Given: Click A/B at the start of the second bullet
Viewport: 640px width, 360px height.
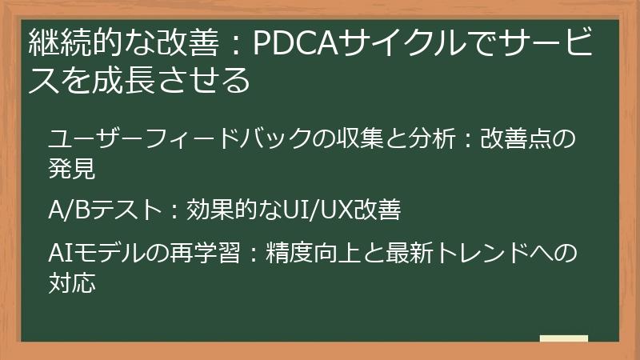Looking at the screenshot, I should [x=66, y=210].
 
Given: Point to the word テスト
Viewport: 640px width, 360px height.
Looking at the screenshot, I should [x=122, y=210].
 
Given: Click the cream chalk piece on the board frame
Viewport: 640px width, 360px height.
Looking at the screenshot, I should [x=564, y=339].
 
